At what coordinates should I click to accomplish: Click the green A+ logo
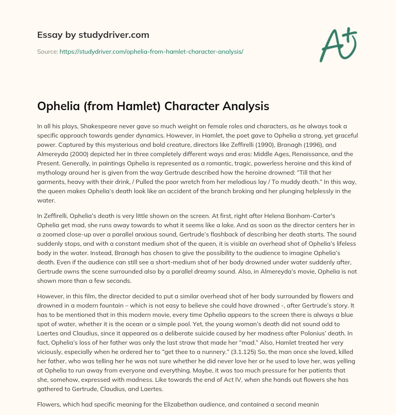click(338, 45)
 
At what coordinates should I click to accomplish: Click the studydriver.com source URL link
click(151, 51)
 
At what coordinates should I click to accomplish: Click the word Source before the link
click(47, 51)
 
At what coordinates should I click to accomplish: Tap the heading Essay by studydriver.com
click(93, 35)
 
